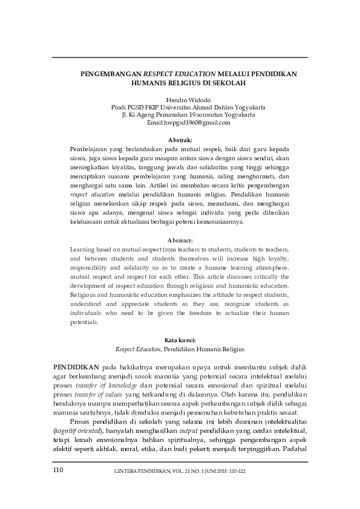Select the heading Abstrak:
[x=180, y=140]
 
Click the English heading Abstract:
[x=180, y=240]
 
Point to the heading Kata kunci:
[x=180, y=340]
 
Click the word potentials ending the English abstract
[x=84, y=323]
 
